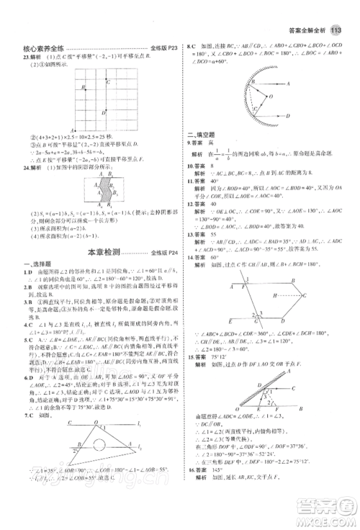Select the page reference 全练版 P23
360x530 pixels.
click(x=163, y=48)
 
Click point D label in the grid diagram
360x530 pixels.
click(x=105, y=112)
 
